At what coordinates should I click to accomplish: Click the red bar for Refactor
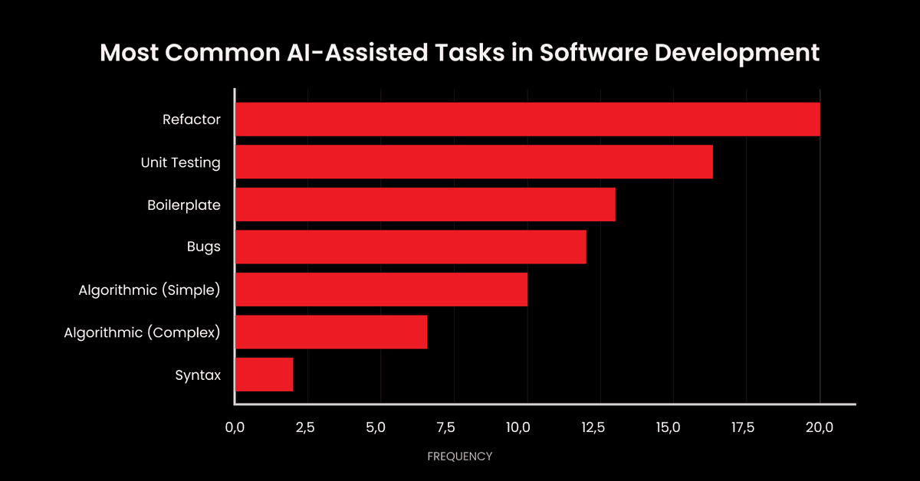(527, 119)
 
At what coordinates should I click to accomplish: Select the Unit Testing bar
(474, 162)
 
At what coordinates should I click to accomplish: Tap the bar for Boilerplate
(425, 205)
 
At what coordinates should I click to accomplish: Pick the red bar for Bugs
(410, 247)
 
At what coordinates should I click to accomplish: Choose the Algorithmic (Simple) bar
(381, 290)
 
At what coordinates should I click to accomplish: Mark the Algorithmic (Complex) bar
(330, 332)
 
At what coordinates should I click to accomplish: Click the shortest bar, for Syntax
(264, 375)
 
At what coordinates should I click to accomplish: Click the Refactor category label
(192, 119)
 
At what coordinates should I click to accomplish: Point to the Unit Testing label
(181, 162)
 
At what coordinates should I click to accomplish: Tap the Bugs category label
(204, 247)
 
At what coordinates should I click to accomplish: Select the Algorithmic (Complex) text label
(143, 332)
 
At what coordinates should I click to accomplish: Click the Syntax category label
(198, 375)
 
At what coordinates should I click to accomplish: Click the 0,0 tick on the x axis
(235, 427)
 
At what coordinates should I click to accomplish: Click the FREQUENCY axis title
(459, 456)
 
